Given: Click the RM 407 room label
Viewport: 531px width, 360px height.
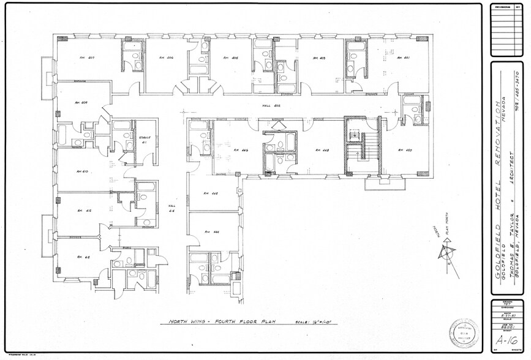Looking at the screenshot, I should click(x=86, y=58).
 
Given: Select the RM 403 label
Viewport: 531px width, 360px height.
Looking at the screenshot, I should click(x=318, y=58).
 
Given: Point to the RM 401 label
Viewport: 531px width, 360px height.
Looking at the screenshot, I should click(x=402, y=58).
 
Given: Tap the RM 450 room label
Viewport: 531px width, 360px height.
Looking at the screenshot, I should click(x=404, y=150).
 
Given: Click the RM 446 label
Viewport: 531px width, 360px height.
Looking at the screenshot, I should click(x=240, y=150).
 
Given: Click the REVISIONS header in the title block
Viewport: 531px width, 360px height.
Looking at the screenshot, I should click(x=501, y=7).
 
